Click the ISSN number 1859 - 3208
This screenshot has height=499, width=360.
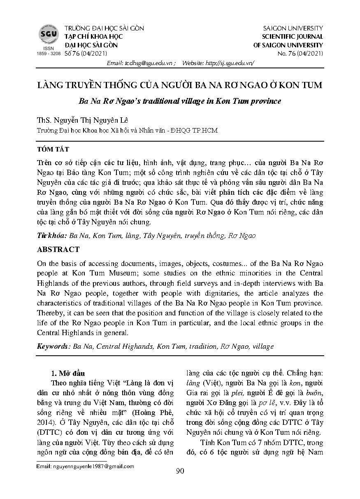[49, 54]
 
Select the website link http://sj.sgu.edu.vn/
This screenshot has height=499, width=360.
[230, 63]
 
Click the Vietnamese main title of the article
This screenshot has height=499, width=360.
[180, 86]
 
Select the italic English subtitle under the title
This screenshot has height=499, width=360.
[180, 101]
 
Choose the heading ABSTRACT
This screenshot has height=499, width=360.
[58, 249]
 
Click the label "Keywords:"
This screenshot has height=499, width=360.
[54, 347]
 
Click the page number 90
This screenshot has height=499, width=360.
[180, 471]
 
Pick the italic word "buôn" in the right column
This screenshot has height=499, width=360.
[314, 393]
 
